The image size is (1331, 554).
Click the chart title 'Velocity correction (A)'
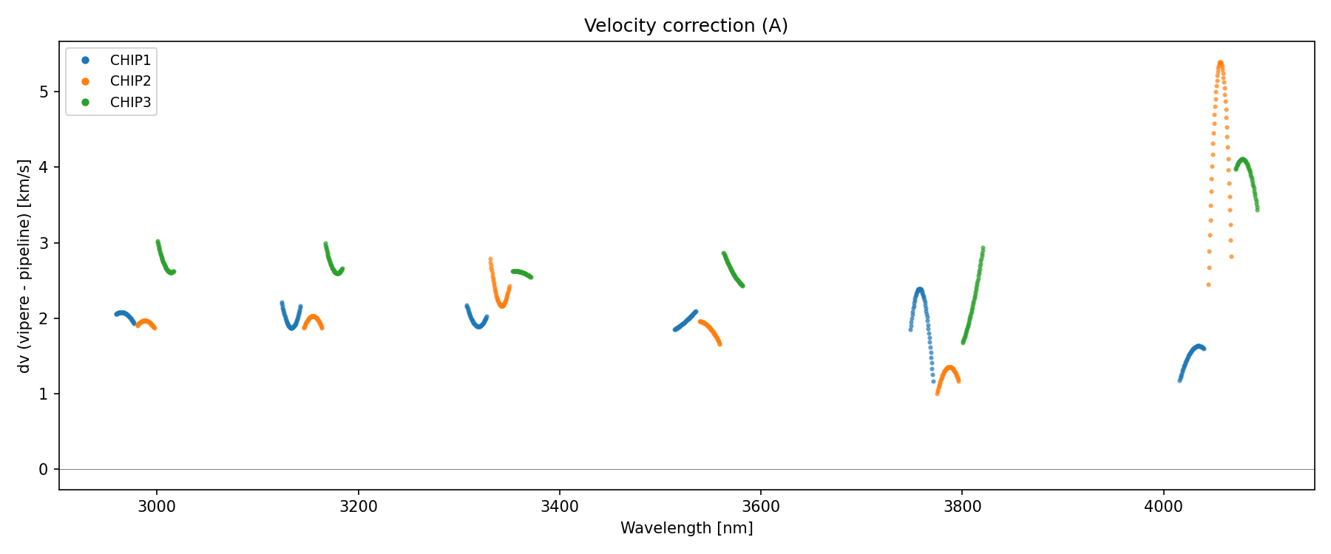(685, 26)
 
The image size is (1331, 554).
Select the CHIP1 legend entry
(130, 61)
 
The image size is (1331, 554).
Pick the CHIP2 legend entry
(130, 81)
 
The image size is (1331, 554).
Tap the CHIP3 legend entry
(130, 103)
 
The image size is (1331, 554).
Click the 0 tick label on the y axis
(44, 470)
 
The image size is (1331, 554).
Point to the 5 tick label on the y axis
(44, 92)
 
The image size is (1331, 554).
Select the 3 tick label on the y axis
(44, 243)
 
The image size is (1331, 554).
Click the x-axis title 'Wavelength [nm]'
(686, 528)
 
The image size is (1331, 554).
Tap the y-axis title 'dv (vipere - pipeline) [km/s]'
(25, 266)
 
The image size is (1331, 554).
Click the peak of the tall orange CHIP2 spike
(1220, 63)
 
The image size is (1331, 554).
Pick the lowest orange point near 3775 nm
(937, 394)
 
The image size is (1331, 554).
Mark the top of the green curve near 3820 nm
(983, 248)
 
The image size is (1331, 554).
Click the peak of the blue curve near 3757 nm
(920, 290)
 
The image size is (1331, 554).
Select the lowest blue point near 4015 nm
(1180, 380)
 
